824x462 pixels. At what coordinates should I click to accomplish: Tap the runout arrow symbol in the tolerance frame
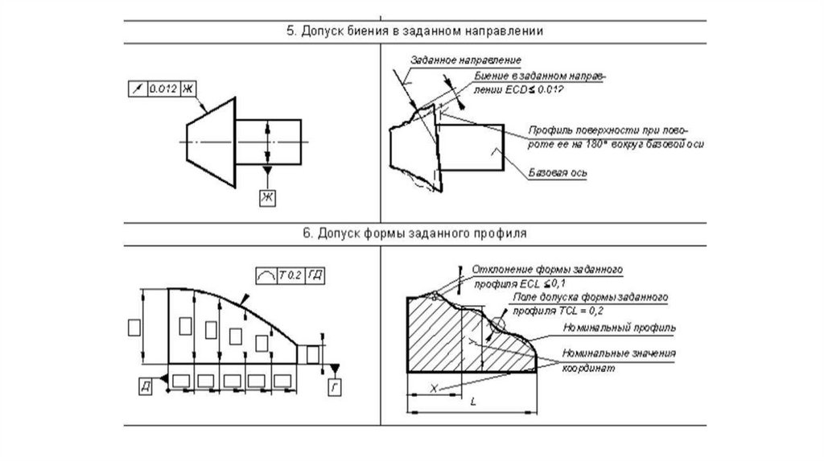click(135, 87)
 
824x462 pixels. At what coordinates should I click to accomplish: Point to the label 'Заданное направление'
click(466, 60)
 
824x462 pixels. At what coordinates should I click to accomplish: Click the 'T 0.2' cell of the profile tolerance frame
click(289, 275)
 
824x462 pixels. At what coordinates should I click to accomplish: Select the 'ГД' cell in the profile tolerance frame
click(315, 275)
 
